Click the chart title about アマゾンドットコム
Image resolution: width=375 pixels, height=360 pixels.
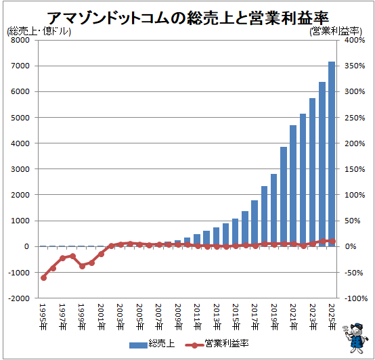click(x=187, y=16)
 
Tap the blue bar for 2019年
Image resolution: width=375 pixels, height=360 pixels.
click(x=274, y=210)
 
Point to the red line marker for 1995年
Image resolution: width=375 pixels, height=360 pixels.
click(x=43, y=277)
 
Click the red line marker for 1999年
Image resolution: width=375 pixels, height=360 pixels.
click(x=82, y=266)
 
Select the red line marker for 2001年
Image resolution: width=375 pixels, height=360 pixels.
click(x=102, y=254)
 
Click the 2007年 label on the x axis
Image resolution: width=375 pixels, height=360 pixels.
click(x=159, y=317)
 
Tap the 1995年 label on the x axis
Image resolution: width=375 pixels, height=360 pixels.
click(x=43, y=317)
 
